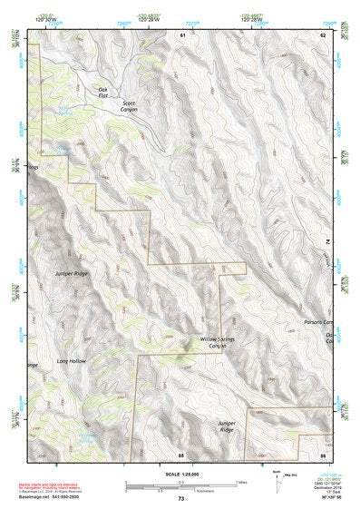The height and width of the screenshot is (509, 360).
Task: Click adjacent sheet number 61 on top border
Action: click(181, 34)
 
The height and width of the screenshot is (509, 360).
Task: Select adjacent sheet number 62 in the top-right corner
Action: click(321, 34)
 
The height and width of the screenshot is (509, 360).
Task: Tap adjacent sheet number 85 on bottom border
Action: click(181, 453)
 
